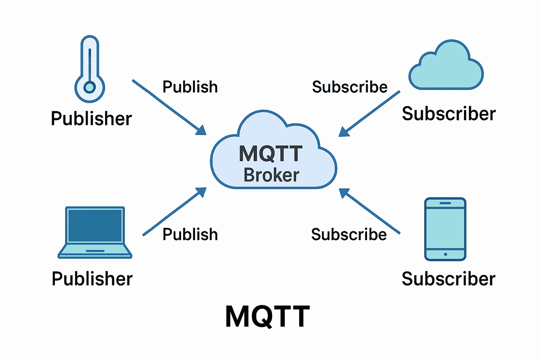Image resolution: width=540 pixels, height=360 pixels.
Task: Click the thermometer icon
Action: (x=90, y=69)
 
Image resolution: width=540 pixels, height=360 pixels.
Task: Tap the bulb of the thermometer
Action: (x=90, y=87)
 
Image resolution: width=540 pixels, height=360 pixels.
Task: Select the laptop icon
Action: (x=95, y=233)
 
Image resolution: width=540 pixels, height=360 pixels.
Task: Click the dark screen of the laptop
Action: (x=95, y=225)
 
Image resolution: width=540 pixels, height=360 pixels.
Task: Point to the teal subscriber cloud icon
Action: (x=446, y=65)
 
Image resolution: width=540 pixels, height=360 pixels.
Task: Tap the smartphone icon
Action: (x=445, y=229)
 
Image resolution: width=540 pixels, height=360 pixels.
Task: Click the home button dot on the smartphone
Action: (x=445, y=254)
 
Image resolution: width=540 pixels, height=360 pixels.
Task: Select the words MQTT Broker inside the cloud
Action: (x=271, y=163)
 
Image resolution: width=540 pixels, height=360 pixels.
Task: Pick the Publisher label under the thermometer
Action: (x=92, y=119)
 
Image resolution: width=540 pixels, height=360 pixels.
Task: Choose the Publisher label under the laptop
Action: (x=92, y=279)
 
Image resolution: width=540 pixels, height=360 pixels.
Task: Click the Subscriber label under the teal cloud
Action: (x=448, y=114)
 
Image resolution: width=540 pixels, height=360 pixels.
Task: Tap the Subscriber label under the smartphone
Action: (x=448, y=279)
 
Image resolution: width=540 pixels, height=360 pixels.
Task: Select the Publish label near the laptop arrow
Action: (x=190, y=234)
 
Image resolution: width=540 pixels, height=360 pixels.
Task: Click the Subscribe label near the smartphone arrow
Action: (x=349, y=234)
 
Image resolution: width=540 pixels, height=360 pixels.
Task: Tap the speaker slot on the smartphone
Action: (x=445, y=203)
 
